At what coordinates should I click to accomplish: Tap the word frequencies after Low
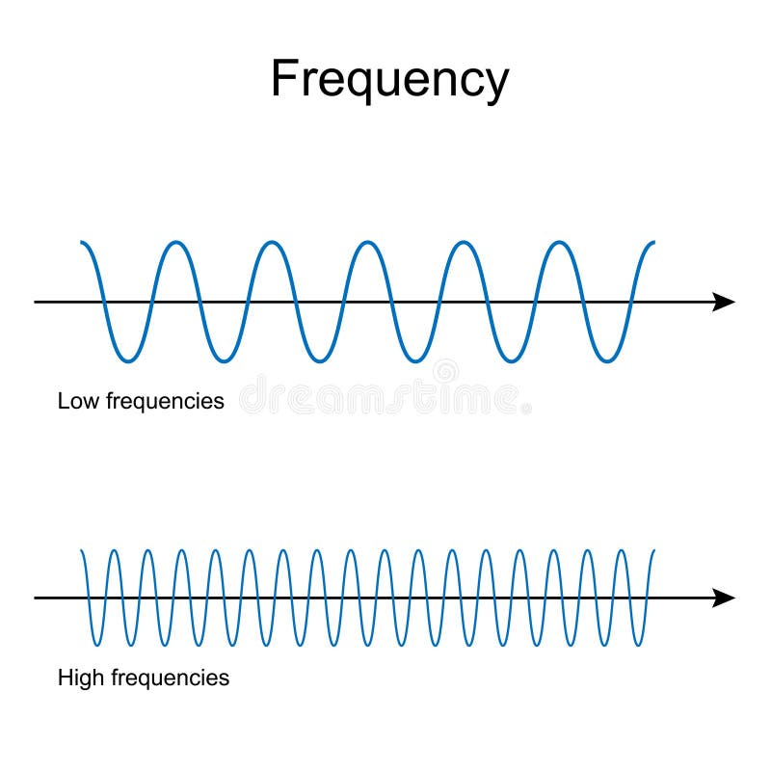coord(165,400)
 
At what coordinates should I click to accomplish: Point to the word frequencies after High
coord(171,678)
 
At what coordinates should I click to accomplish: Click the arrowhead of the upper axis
coord(724,302)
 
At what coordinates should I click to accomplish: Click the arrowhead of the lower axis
coord(724,598)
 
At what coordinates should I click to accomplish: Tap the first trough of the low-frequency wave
coord(127,361)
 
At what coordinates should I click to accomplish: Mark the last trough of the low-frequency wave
coord(606,361)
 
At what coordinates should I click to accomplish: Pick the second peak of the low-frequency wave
coord(271,242)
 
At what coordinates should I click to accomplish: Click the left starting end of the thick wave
coord(82,242)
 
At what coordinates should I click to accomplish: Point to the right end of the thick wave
coord(653,242)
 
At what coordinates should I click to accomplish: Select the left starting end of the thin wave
coord(81,550)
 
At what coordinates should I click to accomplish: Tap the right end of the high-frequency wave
coord(653,550)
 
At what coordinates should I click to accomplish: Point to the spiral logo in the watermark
coord(445,371)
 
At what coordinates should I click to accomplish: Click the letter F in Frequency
coord(281,78)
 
